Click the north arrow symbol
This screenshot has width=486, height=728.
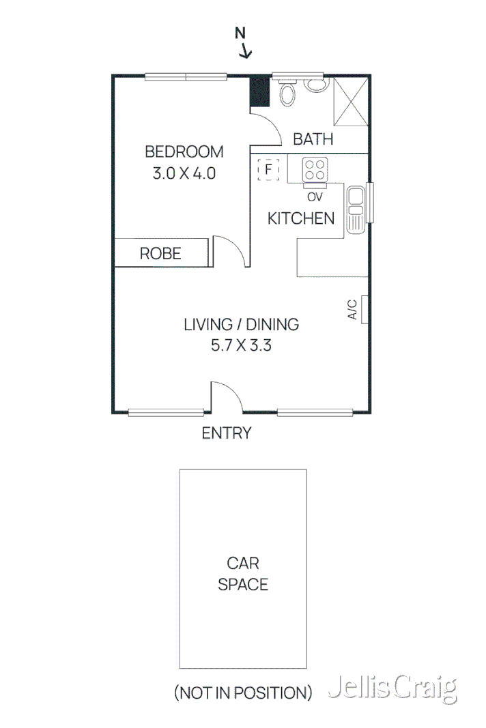coord(242,42)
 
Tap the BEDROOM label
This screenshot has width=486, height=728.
coord(184,151)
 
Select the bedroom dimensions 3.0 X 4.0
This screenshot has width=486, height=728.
coord(184,173)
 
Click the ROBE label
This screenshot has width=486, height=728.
coord(160,254)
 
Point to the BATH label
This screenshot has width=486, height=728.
coord(313,139)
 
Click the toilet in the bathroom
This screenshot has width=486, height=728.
coord(315,85)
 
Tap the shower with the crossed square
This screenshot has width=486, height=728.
coord(351,100)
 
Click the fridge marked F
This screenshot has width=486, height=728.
coord(269,169)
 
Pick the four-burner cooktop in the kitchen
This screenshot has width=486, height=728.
coord(315,169)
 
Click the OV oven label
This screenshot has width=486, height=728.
coord(314,197)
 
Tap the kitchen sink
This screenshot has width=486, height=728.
coord(356,210)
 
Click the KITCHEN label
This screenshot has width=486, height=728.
coord(301,218)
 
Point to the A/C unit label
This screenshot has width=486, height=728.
coord(352,309)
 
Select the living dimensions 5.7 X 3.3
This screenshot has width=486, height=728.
coord(242,345)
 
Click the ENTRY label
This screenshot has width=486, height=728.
coord(227,433)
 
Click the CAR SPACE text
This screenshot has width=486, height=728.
coord(243,574)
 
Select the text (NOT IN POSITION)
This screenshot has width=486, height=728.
coord(243,693)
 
